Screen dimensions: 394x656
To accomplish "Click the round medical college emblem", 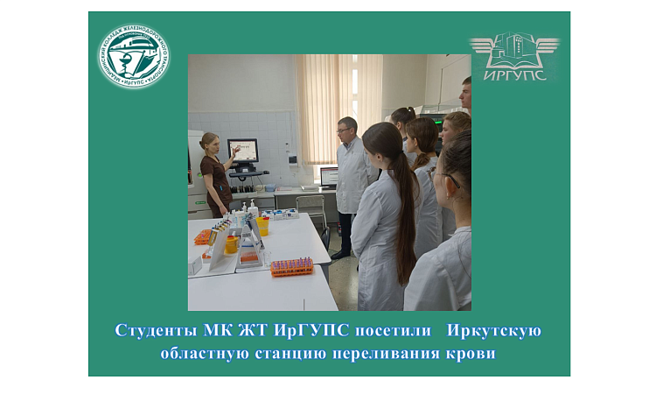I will click(134, 57).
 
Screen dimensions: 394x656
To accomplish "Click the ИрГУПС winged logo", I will click(513, 56).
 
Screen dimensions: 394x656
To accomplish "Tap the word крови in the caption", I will click(468, 354).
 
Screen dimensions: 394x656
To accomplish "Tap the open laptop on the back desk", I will click(329, 176).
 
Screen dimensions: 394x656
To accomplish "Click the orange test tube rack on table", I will click(292, 266).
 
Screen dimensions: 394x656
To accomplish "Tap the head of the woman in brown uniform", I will click(209, 142).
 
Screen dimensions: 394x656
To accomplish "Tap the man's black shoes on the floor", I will click(340, 254).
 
